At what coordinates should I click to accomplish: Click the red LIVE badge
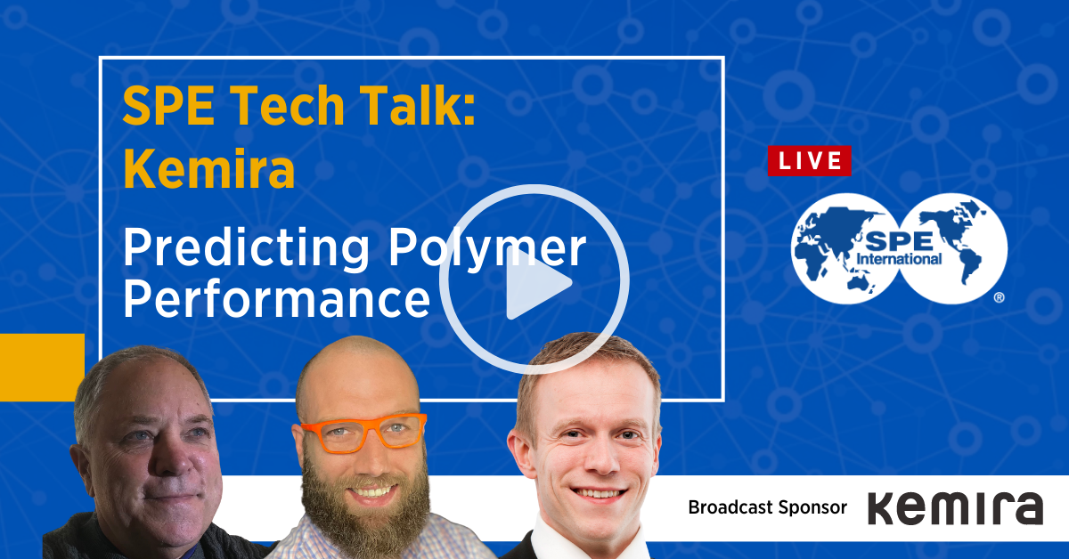click(x=810, y=161)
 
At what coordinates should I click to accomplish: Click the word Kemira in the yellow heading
click(x=209, y=169)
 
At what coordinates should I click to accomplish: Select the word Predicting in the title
click(x=246, y=248)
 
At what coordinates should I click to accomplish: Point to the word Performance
click(x=277, y=299)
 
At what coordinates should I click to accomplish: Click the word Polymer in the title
click(x=486, y=248)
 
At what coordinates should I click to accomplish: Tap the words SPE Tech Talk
click(x=298, y=105)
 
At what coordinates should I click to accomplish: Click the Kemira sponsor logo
click(x=955, y=508)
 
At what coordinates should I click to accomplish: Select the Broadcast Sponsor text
click(x=767, y=507)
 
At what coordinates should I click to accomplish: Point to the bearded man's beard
click(x=365, y=506)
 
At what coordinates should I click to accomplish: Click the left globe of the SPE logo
click(x=845, y=248)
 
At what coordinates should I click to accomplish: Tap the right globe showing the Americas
click(x=953, y=248)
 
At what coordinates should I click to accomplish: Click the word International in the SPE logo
click(x=899, y=259)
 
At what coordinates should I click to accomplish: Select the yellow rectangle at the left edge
click(x=42, y=368)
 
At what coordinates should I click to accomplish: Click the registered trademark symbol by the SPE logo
click(x=999, y=297)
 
